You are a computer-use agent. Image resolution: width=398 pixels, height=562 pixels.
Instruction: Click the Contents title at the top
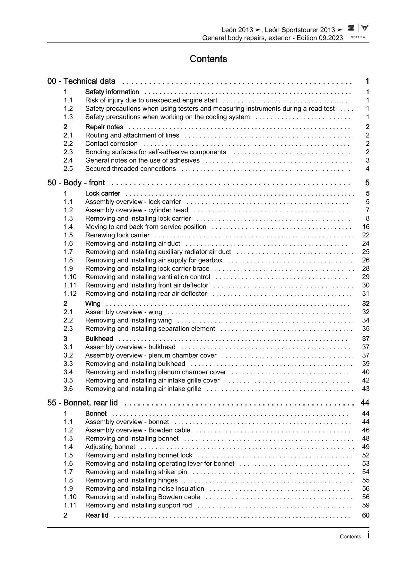208,59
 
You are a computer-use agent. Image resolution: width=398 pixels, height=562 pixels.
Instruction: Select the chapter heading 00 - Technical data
82,81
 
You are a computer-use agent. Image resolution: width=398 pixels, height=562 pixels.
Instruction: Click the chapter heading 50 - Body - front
76,183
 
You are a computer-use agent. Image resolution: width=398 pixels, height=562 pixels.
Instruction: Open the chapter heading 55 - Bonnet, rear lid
82,403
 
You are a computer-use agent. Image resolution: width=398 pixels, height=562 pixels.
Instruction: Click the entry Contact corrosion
111,144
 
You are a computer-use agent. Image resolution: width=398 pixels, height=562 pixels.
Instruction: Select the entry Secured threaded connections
130,169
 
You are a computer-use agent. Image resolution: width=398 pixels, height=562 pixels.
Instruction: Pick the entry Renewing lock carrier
117,235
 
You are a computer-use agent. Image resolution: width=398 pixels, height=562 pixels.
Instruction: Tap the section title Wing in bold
93,303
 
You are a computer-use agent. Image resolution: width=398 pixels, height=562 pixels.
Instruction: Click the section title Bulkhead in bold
99,339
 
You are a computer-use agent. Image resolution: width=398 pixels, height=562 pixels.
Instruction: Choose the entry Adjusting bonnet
110,447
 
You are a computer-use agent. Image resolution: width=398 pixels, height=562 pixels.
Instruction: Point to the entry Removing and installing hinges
131,480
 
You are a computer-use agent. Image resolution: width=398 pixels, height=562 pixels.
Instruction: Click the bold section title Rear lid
97,515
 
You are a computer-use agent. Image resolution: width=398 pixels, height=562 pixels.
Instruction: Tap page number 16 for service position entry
366,227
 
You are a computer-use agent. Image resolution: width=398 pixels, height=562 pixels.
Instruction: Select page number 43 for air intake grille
366,389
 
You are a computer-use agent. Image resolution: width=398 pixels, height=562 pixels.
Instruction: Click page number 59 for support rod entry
366,505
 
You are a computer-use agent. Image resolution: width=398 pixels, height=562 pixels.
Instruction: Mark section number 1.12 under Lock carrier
70,293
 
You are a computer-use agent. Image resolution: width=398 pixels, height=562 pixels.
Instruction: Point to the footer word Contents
350,537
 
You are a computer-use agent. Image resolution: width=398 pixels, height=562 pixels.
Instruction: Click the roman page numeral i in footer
368,535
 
